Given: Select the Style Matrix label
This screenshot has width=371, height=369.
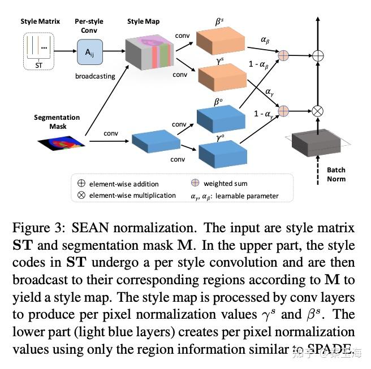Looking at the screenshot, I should [x=40, y=21].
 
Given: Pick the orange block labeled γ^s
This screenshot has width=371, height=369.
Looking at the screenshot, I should [x=219, y=78].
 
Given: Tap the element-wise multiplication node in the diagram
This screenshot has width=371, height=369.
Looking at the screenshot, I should [x=318, y=111].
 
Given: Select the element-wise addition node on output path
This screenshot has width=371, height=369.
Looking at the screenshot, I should [x=318, y=55].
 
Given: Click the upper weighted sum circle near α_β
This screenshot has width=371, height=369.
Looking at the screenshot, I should [x=283, y=55].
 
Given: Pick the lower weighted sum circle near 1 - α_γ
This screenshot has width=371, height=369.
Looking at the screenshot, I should [x=283, y=111].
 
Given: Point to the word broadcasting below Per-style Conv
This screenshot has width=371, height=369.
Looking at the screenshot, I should [x=95, y=76].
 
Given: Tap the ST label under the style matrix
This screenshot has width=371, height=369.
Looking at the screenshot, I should [x=38, y=66].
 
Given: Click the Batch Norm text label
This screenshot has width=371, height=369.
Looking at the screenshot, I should [x=336, y=174].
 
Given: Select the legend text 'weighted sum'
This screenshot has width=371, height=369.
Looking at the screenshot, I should [x=225, y=184].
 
